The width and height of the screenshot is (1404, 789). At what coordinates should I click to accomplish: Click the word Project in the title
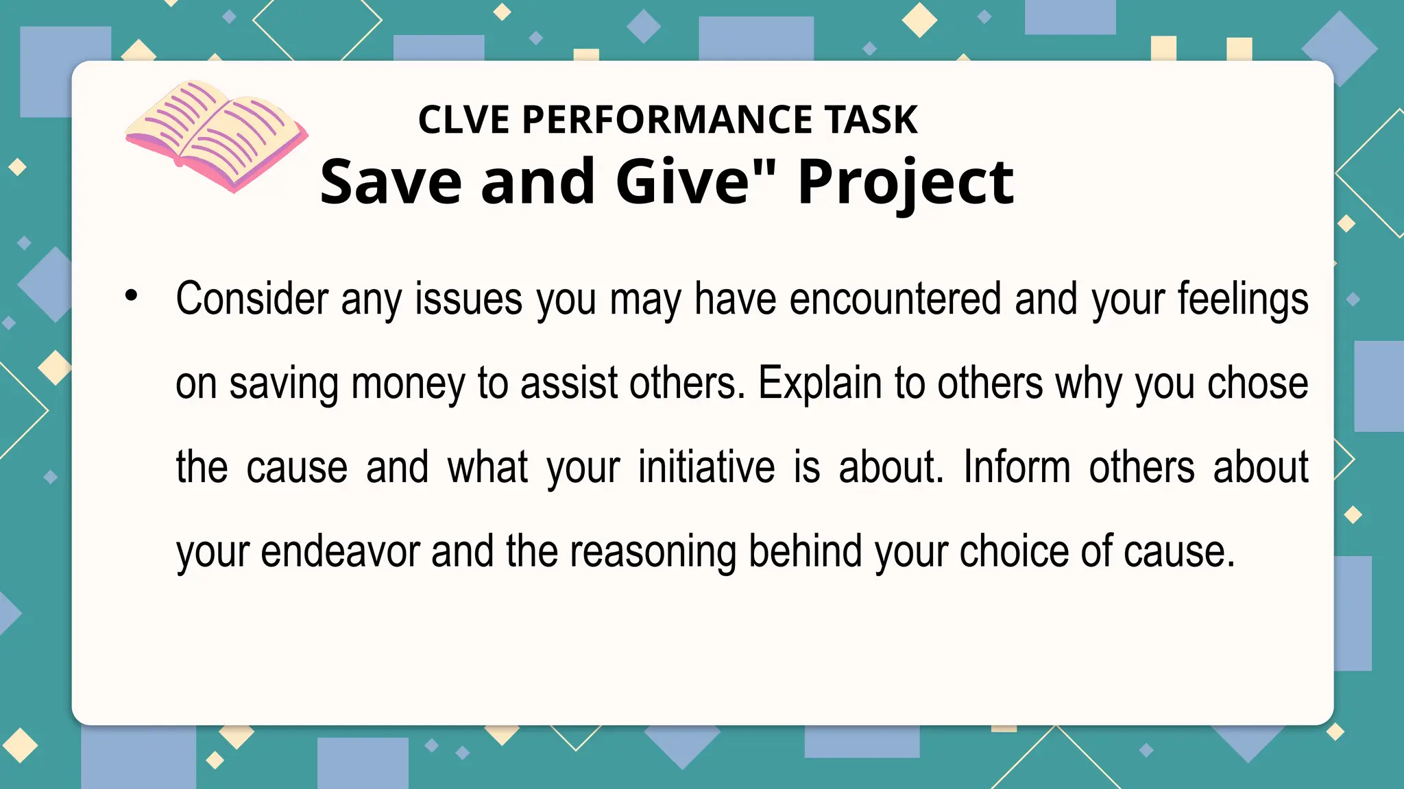(x=906, y=182)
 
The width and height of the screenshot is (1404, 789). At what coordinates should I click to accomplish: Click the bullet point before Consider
(x=132, y=296)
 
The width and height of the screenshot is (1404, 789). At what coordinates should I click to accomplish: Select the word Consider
(x=252, y=299)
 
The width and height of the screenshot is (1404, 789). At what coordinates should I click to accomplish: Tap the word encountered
(x=895, y=299)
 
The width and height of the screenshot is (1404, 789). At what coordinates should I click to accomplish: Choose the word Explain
(x=819, y=384)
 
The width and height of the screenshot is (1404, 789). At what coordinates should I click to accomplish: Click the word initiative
(x=706, y=468)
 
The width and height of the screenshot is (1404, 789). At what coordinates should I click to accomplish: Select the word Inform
(x=1017, y=468)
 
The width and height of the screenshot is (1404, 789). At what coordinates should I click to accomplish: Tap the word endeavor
(x=340, y=552)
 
